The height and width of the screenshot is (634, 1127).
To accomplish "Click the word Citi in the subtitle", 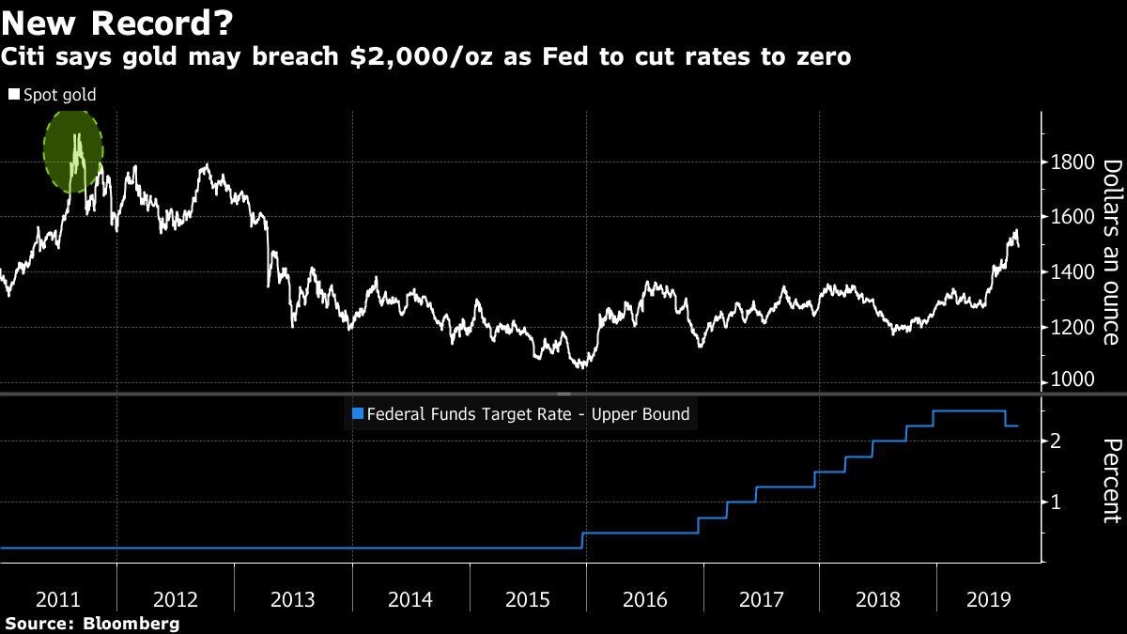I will click(x=25, y=57).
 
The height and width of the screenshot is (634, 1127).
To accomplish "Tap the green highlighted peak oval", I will click(x=73, y=151).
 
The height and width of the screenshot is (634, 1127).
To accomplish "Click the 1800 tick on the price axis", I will click(x=1071, y=162).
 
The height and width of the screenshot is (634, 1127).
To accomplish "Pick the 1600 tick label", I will click(x=1071, y=217).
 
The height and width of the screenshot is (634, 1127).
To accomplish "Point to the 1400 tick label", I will click(x=1071, y=272).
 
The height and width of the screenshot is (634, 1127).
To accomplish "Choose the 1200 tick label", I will click(x=1071, y=327).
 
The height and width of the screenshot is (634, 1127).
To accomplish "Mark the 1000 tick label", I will click(x=1071, y=379).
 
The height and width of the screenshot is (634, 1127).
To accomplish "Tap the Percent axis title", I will click(x=1111, y=480).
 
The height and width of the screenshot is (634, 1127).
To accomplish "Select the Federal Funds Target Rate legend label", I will click(x=528, y=413).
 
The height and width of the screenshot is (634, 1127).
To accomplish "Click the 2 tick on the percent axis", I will click(x=1057, y=441).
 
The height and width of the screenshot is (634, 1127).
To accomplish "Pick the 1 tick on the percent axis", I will click(x=1057, y=502).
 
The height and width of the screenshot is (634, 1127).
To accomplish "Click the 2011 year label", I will click(x=58, y=599).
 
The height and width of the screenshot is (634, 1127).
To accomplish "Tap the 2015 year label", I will click(x=526, y=599).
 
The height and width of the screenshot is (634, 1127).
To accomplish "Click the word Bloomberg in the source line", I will click(x=132, y=624).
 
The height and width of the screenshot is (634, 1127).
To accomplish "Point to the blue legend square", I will click(x=356, y=413).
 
